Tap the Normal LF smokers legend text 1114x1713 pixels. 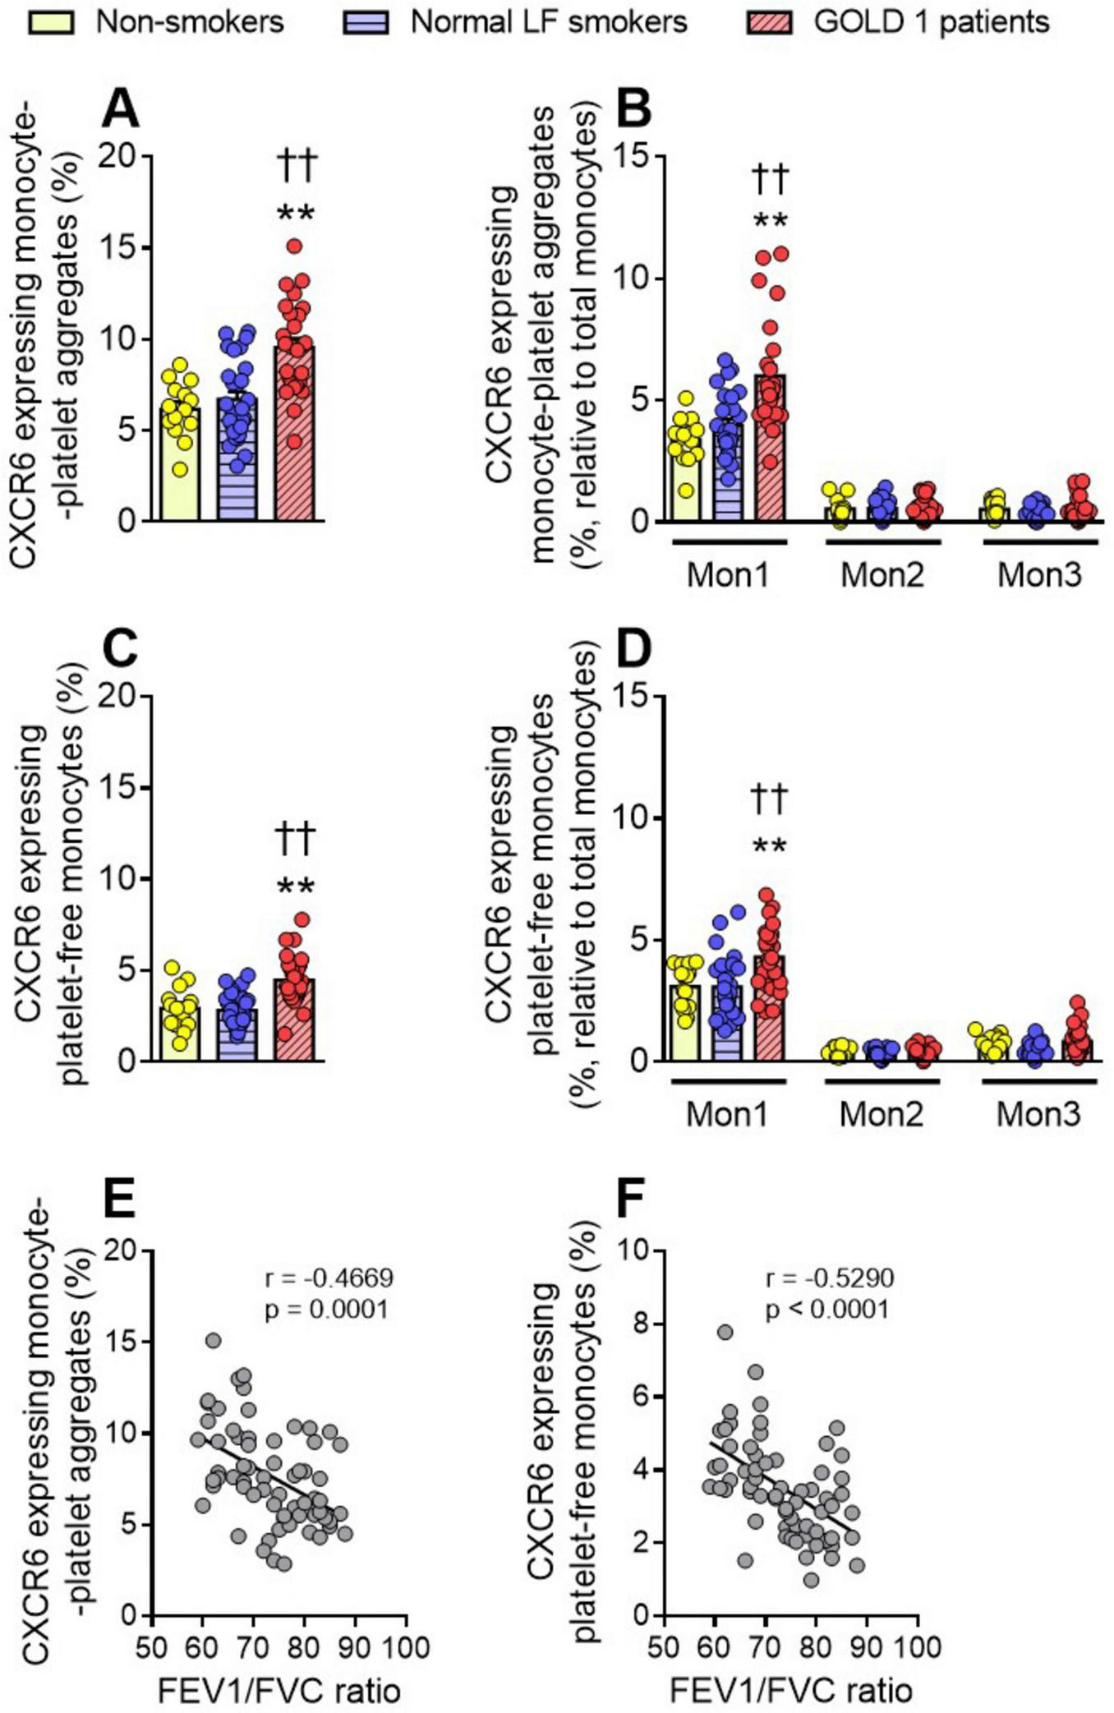pos(548,21)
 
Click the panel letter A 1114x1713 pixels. pos(120,109)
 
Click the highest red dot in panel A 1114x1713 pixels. pos(295,246)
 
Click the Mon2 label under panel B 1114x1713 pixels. pos(882,574)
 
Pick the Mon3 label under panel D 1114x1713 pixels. pos(1038,1114)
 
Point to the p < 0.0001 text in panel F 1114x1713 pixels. pos(827,1308)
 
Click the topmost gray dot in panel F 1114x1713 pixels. pos(725,1332)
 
